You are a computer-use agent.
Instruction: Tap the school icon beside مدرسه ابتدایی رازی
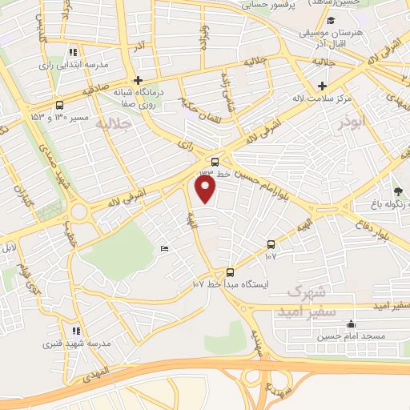[x=74, y=52]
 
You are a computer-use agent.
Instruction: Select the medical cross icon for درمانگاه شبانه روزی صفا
[x=139, y=81]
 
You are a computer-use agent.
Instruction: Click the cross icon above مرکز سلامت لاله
[x=322, y=86]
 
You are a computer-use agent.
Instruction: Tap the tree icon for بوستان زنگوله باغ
[x=399, y=191]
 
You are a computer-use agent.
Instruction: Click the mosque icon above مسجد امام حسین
[x=351, y=324]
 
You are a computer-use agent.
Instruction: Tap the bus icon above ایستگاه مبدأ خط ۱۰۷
[x=231, y=272]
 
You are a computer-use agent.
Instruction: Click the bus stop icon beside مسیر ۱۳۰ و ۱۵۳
[x=60, y=105]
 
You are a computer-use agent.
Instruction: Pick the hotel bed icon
[x=164, y=249]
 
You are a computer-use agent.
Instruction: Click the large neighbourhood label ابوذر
[x=353, y=125]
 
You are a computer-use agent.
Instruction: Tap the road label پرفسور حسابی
[x=270, y=5]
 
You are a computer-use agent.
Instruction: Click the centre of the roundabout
[x=79, y=212]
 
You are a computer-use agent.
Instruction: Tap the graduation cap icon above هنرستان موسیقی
[x=331, y=20]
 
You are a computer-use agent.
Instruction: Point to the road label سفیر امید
[x=392, y=306]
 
